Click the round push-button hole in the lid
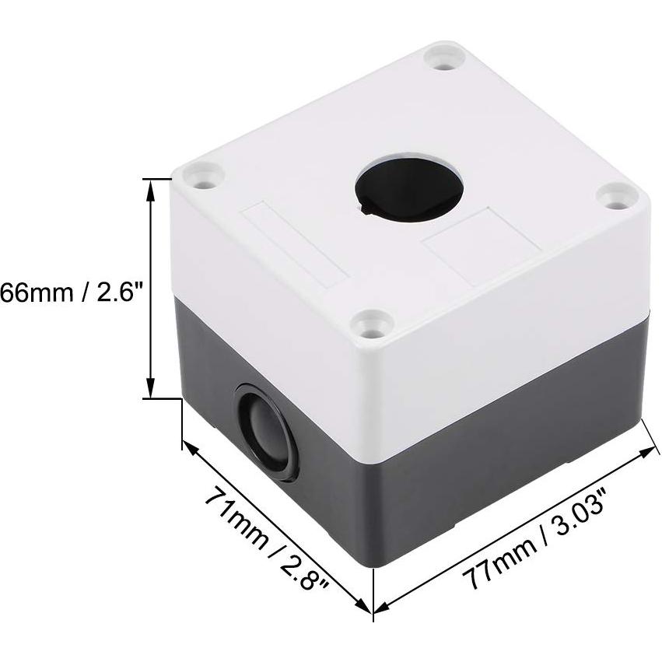click(x=409, y=190)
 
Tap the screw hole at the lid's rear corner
click(x=444, y=59)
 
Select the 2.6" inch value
click(x=117, y=293)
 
